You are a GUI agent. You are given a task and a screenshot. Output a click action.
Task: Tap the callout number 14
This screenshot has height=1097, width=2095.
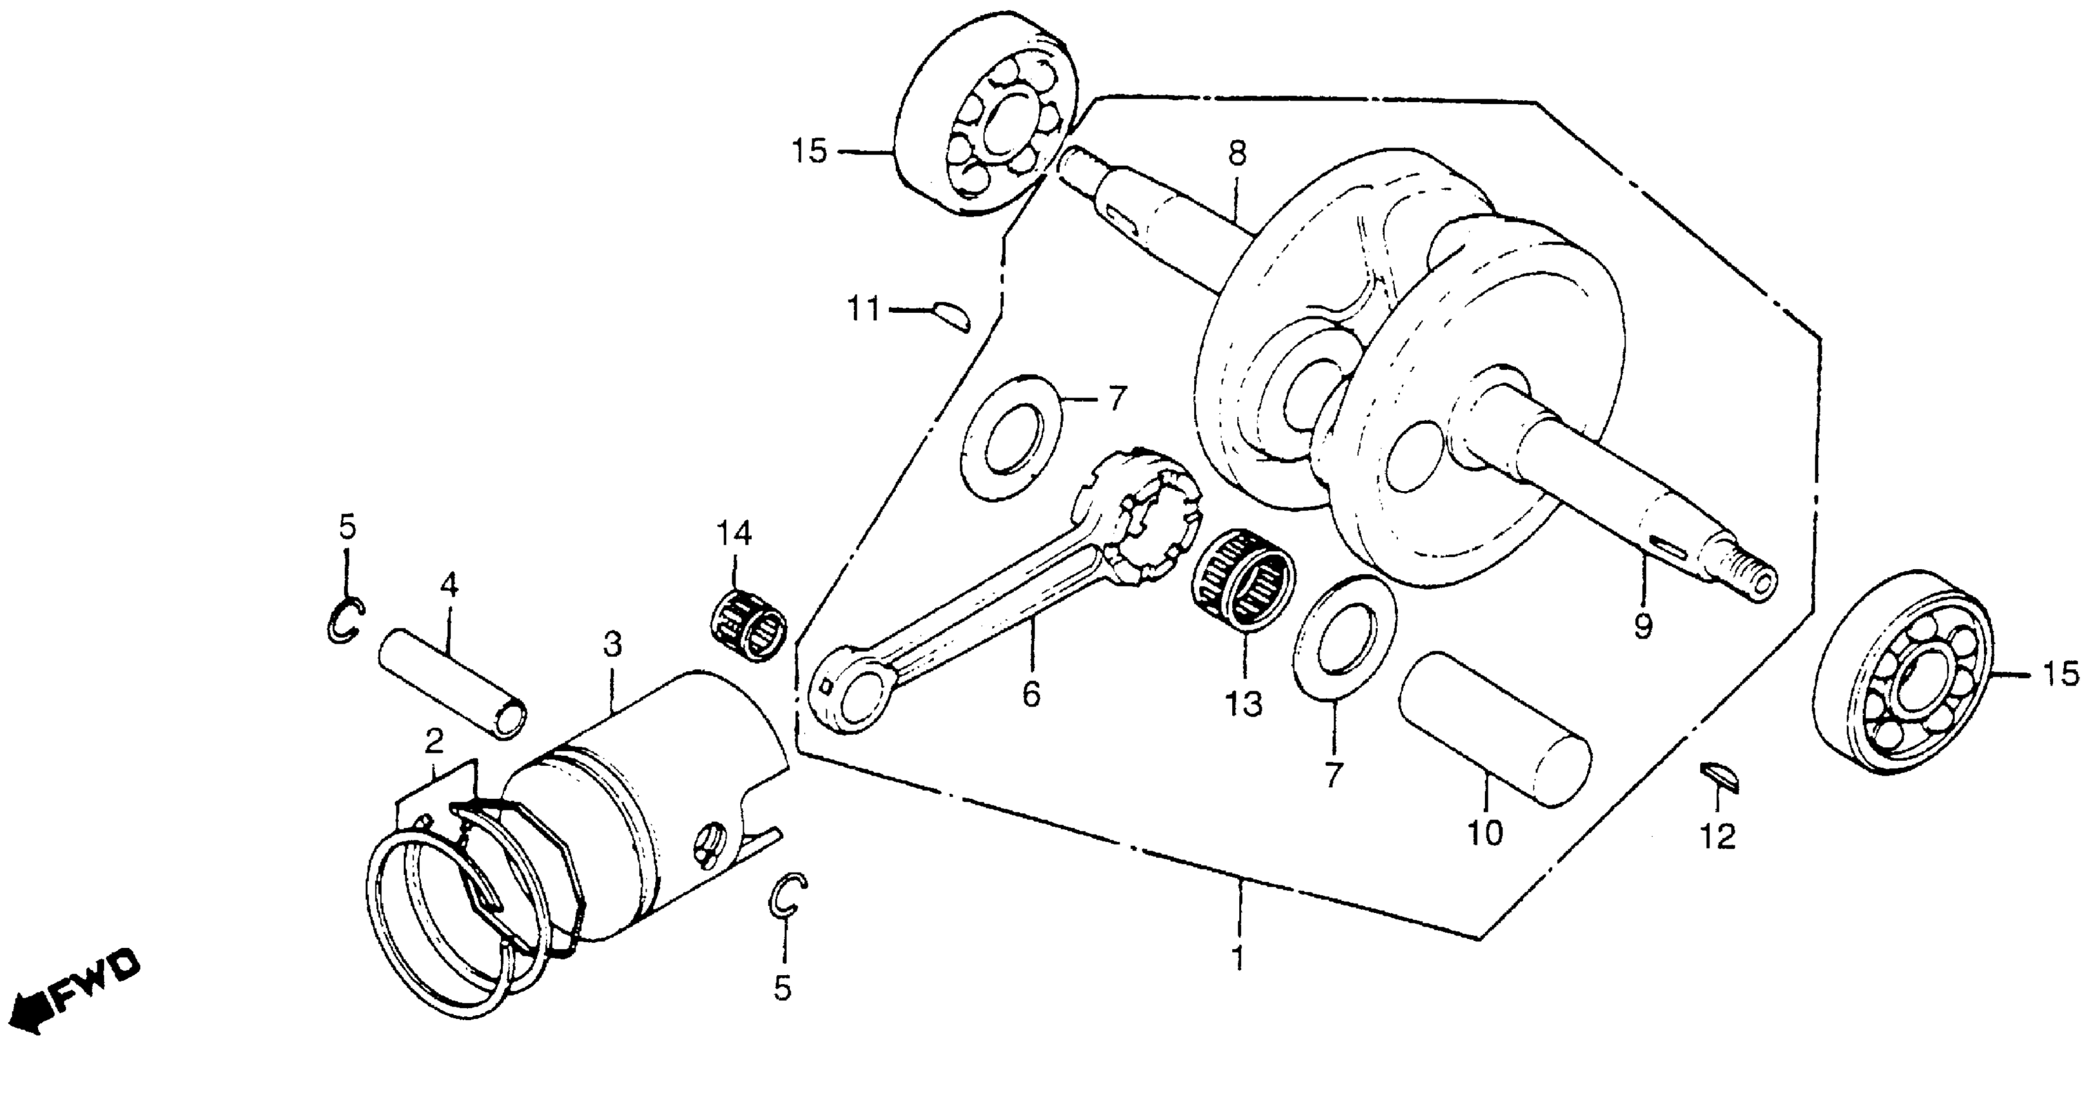click(x=734, y=534)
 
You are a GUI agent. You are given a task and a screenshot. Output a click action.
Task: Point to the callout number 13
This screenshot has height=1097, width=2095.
click(x=1244, y=704)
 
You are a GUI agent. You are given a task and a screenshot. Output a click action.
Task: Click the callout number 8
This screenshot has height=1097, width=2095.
click(x=1237, y=154)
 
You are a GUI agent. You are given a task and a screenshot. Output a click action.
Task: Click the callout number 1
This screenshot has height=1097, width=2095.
click(x=1237, y=960)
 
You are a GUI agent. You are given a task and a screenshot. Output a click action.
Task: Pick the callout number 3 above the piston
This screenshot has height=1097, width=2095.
click(x=612, y=645)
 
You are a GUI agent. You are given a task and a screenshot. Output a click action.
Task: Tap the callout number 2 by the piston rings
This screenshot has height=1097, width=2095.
click(x=434, y=741)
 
